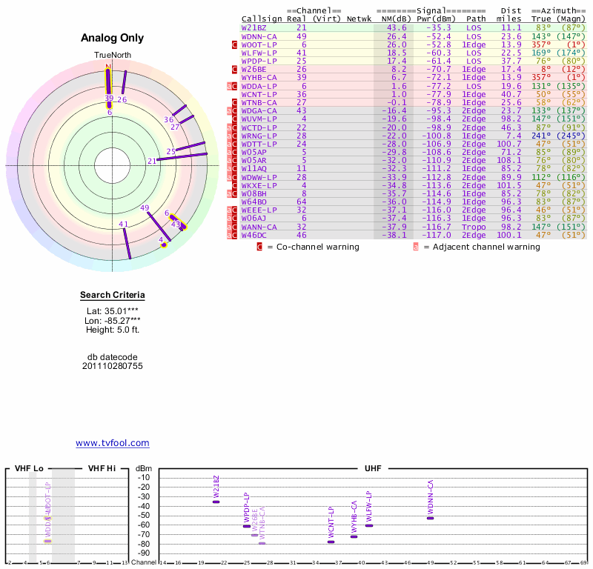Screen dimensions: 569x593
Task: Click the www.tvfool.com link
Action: tap(113, 443)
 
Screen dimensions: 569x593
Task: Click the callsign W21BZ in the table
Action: tap(254, 27)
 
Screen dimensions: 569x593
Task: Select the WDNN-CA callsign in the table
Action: tap(259, 36)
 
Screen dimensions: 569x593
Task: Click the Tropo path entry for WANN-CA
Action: tap(476, 227)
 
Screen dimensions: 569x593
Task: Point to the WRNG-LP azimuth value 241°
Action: tap(541, 136)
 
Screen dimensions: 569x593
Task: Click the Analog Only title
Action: tap(112, 39)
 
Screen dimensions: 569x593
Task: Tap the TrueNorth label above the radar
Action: tap(111, 56)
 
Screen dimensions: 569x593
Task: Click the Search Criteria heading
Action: tap(113, 296)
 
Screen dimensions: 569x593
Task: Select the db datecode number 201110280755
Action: tap(113, 366)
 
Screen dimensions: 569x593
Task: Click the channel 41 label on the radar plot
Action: tap(124, 224)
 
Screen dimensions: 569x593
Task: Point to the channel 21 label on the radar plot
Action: tap(152, 161)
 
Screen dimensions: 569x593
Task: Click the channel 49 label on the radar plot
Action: tap(145, 208)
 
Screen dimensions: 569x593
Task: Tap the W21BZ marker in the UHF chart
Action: tap(216, 502)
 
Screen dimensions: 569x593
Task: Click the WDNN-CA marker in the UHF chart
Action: tap(430, 517)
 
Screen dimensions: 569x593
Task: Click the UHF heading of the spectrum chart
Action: tap(372, 468)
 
